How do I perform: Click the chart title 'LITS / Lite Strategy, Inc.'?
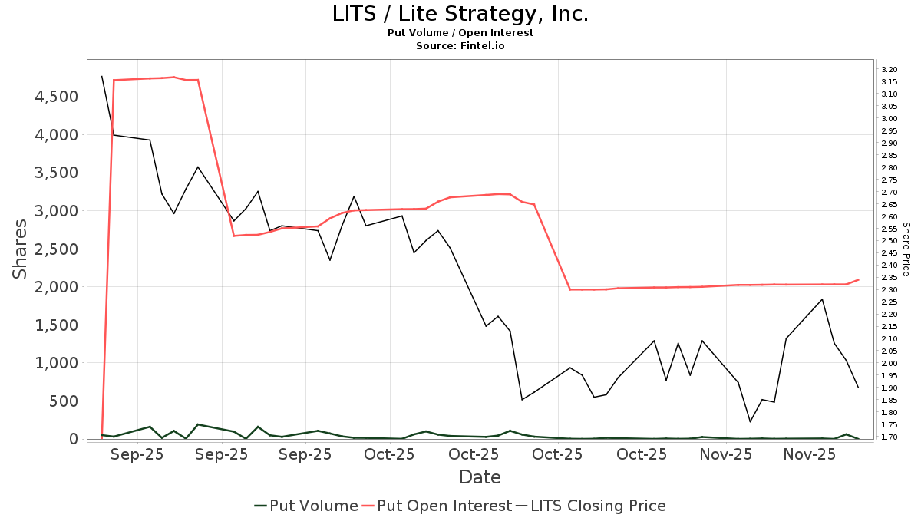(x=460, y=14)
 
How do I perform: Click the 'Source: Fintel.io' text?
(x=460, y=46)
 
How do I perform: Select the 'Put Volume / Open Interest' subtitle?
(x=460, y=33)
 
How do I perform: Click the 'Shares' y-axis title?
(x=21, y=249)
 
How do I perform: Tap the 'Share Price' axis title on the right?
(x=906, y=249)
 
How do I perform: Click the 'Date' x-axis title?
(x=480, y=477)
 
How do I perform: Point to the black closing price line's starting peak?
(x=102, y=76)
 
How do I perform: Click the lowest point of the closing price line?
(x=750, y=421)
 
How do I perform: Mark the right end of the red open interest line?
(x=858, y=279)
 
